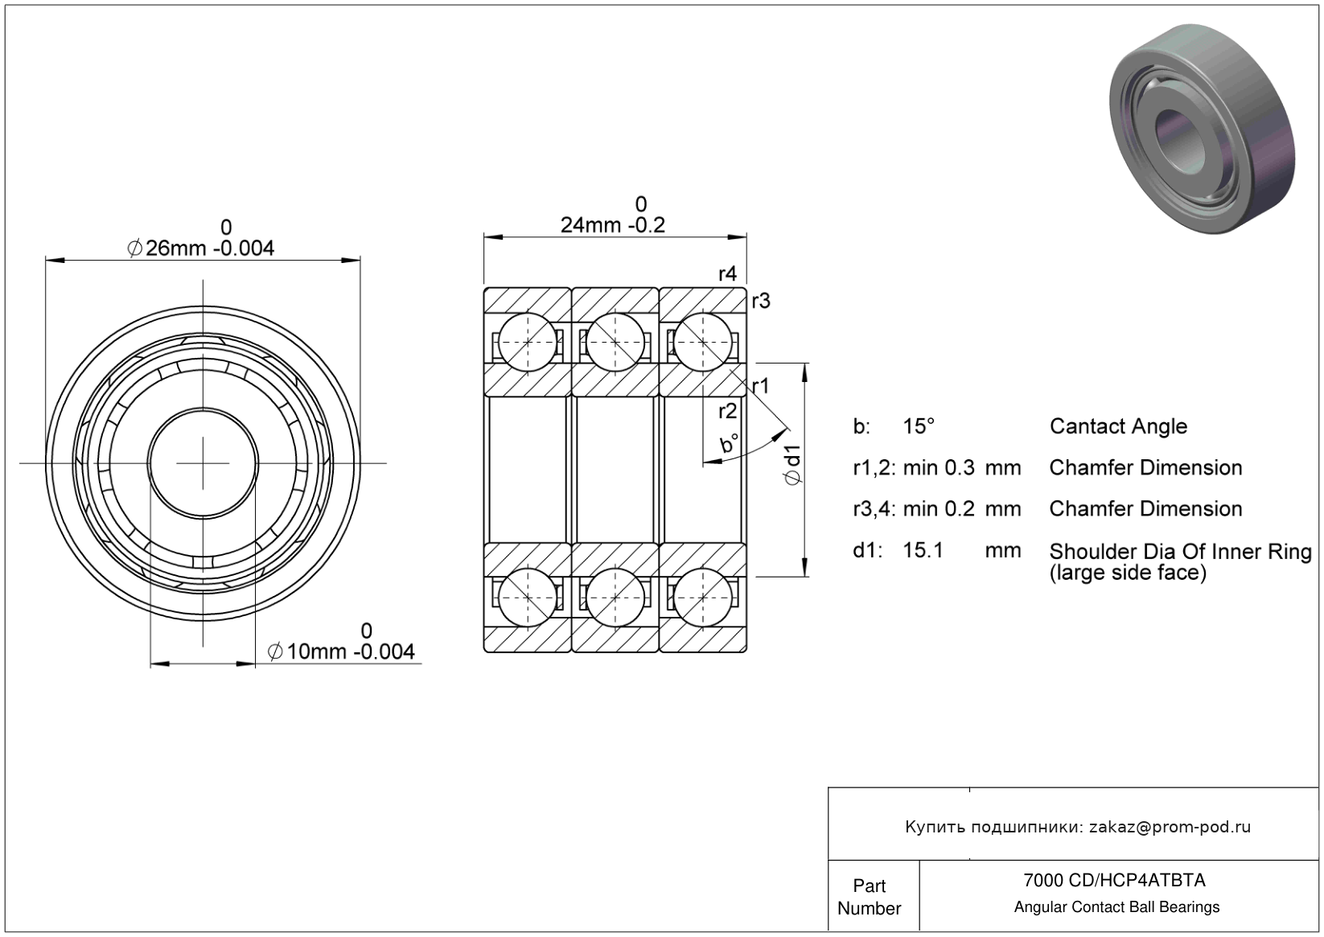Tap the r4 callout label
pyautogui.click(x=728, y=273)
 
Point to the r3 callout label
pyautogui.click(x=761, y=301)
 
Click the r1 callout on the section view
pyautogui.click(x=761, y=386)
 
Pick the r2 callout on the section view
pyautogui.click(x=728, y=411)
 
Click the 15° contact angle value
pyautogui.click(x=919, y=426)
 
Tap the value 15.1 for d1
pyautogui.click(x=923, y=550)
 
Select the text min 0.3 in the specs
pyautogui.click(x=939, y=467)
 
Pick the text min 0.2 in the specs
pyautogui.click(x=939, y=508)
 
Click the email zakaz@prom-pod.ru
pyautogui.click(x=1170, y=827)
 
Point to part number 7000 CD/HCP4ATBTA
pyautogui.click(x=1114, y=880)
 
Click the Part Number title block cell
pyautogui.click(x=870, y=897)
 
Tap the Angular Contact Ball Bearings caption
pyautogui.click(x=1116, y=907)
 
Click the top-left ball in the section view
pyautogui.click(x=527, y=343)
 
